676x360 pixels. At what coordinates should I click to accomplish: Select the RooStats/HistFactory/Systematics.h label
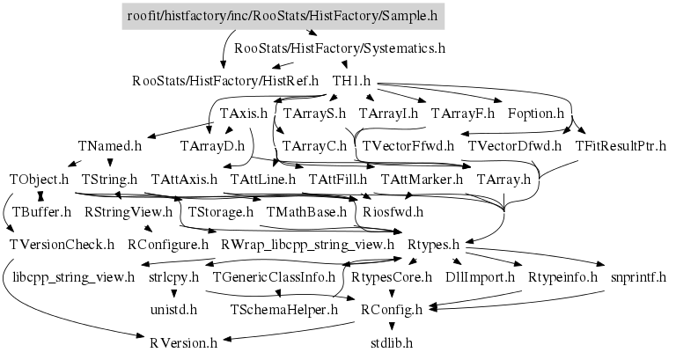340,48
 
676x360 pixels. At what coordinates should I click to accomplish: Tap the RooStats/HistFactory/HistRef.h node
224,81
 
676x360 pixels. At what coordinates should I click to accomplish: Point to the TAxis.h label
243,114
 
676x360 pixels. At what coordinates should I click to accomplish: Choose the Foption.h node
535,114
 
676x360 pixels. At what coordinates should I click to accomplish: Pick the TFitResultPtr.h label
621,146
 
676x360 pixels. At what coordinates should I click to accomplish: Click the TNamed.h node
109,146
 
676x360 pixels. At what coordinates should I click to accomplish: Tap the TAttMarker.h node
422,179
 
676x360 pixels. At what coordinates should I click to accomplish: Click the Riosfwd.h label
393,211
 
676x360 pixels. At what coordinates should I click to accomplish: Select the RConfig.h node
392,309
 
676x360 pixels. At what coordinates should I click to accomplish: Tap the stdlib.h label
392,342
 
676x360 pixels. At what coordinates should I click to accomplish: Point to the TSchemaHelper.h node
283,309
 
